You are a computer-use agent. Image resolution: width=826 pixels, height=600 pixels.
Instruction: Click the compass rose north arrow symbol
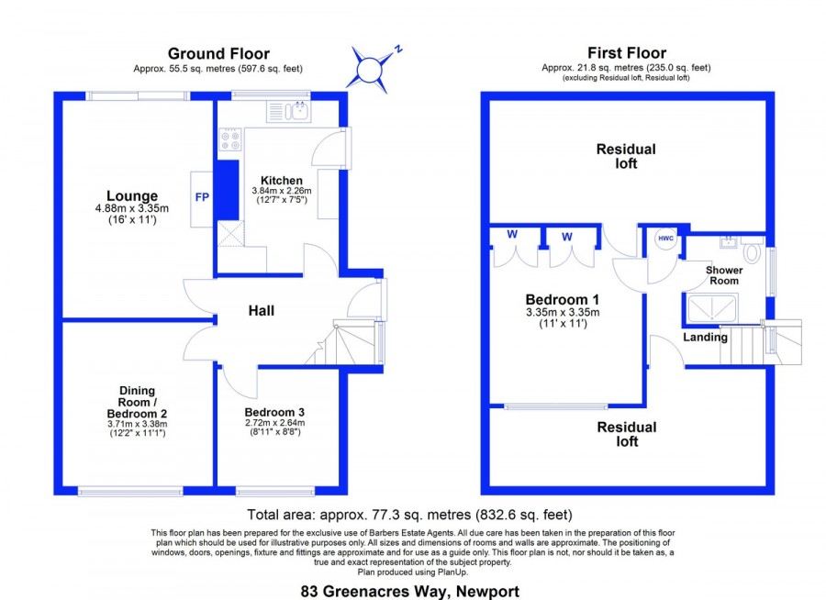[x=370, y=69]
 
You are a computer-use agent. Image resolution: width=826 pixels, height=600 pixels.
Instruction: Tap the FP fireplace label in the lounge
[x=202, y=197]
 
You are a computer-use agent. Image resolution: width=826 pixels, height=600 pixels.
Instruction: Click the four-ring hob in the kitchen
[x=230, y=139]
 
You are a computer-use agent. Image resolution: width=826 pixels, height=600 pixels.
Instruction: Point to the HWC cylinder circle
[x=666, y=239]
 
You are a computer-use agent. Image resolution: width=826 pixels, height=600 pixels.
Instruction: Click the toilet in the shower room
[x=752, y=250]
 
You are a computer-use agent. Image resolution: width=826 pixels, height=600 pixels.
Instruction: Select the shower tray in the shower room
[x=711, y=307]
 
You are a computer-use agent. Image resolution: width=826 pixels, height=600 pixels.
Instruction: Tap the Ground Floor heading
[x=218, y=53]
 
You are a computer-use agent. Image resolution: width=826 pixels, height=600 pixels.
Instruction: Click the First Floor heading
[x=627, y=52]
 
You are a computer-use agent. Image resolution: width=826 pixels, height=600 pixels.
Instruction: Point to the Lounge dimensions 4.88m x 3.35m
[x=132, y=208]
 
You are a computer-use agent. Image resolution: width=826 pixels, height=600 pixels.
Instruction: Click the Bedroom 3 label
[x=274, y=413]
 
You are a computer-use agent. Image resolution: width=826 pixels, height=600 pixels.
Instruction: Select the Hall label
[x=262, y=311]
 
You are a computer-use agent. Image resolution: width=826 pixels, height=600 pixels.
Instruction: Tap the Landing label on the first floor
[x=706, y=337]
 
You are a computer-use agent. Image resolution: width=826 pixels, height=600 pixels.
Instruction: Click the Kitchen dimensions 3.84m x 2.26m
[x=282, y=191]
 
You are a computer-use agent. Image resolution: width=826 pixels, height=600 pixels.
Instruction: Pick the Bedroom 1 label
[x=563, y=300]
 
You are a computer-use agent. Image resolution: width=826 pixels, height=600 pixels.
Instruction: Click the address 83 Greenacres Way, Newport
[x=410, y=592]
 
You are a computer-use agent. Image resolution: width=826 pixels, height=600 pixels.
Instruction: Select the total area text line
[x=410, y=515]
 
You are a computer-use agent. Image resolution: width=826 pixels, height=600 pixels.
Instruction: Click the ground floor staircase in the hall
[x=343, y=341]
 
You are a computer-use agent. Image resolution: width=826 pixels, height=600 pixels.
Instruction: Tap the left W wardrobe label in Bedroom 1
[x=512, y=235]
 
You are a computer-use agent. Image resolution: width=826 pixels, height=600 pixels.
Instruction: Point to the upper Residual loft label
[x=626, y=157]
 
